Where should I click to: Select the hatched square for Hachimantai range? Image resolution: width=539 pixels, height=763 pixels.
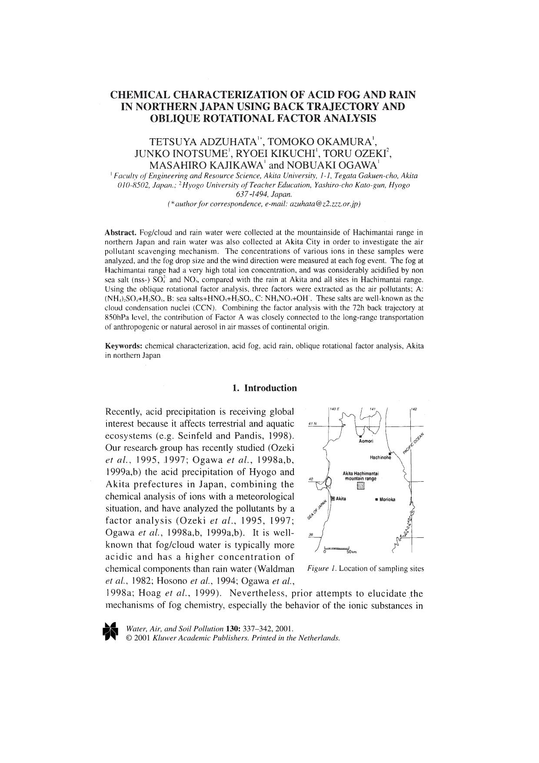point(359,486)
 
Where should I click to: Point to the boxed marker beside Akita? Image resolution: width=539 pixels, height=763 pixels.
point(333,499)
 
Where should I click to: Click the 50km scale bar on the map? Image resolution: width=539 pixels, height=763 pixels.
point(337,548)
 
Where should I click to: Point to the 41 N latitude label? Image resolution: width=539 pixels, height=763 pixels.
point(313,423)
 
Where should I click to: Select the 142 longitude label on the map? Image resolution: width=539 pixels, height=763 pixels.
point(415,409)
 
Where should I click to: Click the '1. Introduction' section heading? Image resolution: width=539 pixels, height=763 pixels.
point(264,388)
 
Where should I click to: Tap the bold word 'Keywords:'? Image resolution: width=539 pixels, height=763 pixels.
point(124,346)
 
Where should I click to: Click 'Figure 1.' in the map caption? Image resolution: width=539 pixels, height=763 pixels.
point(321,568)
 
